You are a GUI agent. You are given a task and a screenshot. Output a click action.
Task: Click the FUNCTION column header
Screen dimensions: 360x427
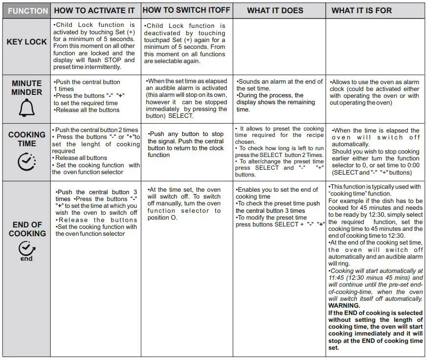(x=27, y=10)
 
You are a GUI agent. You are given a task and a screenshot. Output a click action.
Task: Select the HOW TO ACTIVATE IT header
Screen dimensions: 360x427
(x=94, y=10)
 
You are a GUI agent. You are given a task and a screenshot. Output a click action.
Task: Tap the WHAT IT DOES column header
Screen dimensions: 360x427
(x=275, y=10)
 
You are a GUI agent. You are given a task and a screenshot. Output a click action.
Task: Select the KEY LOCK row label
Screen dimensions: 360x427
(x=26, y=42)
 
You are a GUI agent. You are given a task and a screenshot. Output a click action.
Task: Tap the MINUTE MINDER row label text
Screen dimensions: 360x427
(x=26, y=88)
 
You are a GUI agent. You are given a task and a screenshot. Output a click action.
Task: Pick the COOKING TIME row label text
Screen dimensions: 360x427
(x=27, y=139)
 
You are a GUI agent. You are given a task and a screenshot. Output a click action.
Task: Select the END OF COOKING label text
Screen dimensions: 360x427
(x=27, y=229)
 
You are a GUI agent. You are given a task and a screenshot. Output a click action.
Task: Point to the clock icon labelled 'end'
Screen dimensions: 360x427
(x=26, y=251)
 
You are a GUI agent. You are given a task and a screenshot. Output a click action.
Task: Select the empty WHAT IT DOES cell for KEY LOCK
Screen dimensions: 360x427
(x=279, y=46)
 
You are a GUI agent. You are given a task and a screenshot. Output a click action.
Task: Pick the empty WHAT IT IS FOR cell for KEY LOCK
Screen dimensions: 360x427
(x=375, y=46)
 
